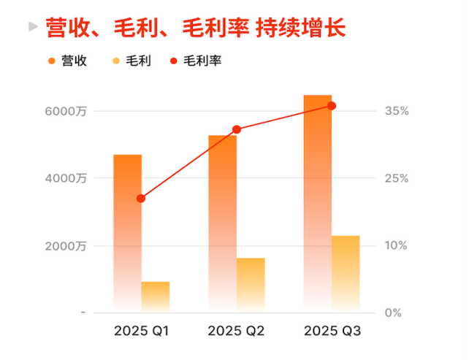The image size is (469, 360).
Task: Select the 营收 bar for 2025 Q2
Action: tap(222, 223)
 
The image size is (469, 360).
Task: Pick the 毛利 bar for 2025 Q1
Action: tap(156, 296)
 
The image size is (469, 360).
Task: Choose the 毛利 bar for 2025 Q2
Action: tap(251, 285)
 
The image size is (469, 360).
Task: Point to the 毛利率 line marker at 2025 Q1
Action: tap(141, 198)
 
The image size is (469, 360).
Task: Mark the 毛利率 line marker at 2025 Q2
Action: tap(236, 129)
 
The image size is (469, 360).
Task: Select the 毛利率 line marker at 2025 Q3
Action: tap(331, 106)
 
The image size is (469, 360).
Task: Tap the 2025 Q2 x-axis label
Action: tap(236, 331)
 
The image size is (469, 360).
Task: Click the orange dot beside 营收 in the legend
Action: tap(51, 61)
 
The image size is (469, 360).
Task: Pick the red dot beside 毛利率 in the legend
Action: tap(173, 61)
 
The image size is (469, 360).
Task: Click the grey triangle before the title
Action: tap(32, 27)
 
